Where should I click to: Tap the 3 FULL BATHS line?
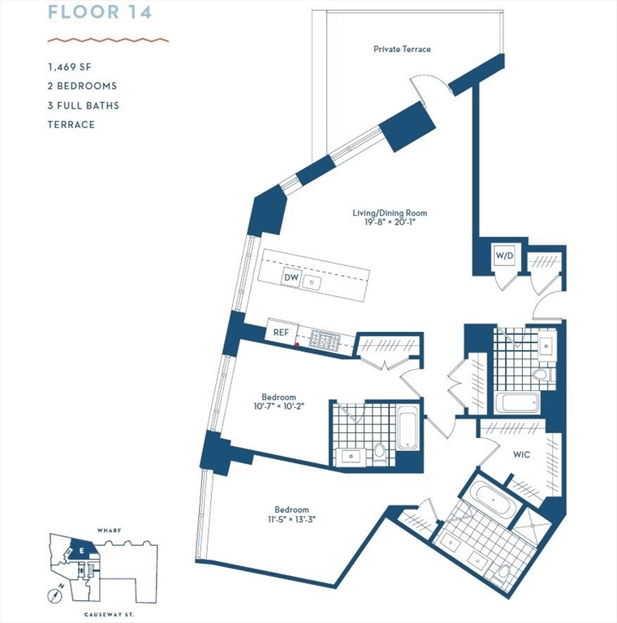[84, 105]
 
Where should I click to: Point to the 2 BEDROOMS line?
[82, 86]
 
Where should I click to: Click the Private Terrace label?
[402, 49]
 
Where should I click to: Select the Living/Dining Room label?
[390, 213]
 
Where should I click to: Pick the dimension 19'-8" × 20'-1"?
[390, 223]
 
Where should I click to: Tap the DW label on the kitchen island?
[291, 278]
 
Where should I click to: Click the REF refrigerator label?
[281, 333]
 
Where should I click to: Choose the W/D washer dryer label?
[504, 256]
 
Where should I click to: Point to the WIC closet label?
[521, 455]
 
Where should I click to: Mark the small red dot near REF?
[297, 345]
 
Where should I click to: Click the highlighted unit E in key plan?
[82, 551]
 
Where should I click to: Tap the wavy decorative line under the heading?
[107, 39]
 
